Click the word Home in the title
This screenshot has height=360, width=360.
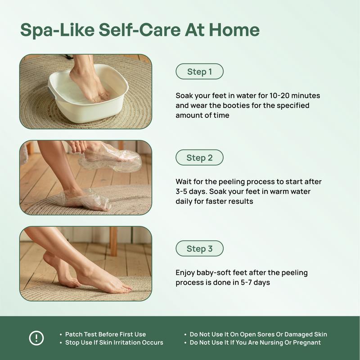tap(234, 30)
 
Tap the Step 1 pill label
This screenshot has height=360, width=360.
tap(199, 72)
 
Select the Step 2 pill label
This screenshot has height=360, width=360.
tap(199, 157)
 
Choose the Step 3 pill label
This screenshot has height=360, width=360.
tap(199, 248)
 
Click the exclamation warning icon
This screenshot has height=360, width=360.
tap(36, 338)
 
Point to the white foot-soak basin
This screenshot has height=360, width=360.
tap(88, 93)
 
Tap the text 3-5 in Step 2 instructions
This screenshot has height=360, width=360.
tap(181, 192)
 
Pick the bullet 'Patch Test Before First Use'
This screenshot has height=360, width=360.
tap(105, 334)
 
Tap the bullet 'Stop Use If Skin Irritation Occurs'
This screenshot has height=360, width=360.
tap(114, 342)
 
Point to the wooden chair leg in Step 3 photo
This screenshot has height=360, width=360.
tap(113, 241)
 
